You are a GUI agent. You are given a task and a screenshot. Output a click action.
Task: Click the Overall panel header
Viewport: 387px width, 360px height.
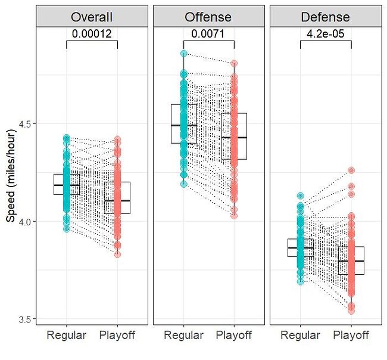pos(92,17)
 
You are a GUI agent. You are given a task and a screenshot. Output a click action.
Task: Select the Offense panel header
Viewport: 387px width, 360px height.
pos(209,17)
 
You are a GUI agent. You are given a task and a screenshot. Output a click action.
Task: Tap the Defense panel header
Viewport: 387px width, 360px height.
pos(326,17)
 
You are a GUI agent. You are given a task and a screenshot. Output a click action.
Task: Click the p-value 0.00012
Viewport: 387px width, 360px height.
pos(92,33)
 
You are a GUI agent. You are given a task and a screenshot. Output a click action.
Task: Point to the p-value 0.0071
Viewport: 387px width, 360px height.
pos(209,33)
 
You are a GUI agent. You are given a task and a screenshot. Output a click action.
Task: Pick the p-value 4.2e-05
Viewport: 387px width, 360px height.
pos(326,33)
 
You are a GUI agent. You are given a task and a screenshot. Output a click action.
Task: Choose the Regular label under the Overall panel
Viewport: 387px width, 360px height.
pos(67,335)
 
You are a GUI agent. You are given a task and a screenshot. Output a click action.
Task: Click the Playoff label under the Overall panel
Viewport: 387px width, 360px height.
pos(118,335)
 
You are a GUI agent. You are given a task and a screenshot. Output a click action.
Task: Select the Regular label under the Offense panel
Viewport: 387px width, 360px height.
pos(183,335)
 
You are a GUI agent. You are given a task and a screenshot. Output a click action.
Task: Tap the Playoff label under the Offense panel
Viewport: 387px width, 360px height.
pos(235,335)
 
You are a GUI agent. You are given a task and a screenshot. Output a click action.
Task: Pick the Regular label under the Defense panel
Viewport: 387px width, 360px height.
pos(300,335)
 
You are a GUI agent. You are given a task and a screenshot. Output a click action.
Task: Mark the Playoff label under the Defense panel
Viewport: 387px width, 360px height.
pos(351,335)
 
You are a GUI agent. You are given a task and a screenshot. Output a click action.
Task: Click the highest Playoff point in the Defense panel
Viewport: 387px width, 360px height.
pos(351,170)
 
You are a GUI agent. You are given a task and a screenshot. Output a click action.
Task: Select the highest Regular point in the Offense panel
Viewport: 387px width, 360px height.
pos(183,54)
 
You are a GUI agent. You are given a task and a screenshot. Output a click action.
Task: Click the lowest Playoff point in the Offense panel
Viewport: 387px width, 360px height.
pos(235,216)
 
